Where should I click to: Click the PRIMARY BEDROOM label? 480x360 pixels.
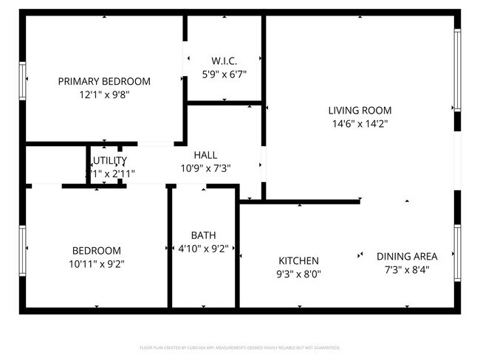pos(104,81)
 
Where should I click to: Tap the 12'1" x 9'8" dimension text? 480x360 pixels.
pos(104,94)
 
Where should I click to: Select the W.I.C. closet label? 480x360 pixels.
pos(224,60)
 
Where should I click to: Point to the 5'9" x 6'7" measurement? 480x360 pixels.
pos(224,74)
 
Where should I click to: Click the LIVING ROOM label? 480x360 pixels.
pos(360,111)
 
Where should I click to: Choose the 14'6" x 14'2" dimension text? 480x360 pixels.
pos(360,124)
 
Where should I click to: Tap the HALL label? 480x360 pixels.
pos(205,155)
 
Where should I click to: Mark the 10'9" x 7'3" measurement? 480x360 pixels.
pos(205,168)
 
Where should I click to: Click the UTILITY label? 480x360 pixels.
pos(110,160)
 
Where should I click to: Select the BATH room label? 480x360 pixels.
pos(203,235)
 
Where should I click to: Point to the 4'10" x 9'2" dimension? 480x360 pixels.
pos(203,249)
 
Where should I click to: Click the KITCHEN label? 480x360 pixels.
pos(298,260)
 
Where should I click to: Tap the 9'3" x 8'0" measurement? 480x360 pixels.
pos(298,274)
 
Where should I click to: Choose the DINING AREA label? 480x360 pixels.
pos(407,256)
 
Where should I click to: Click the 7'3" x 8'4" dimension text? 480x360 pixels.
pos(407,269)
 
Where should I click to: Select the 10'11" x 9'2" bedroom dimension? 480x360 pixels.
pos(96,263)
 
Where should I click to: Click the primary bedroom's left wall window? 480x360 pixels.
pos(23,80)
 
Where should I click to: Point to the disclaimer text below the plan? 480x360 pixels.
pos(240,347)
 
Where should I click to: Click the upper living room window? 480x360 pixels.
pos(458,68)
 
